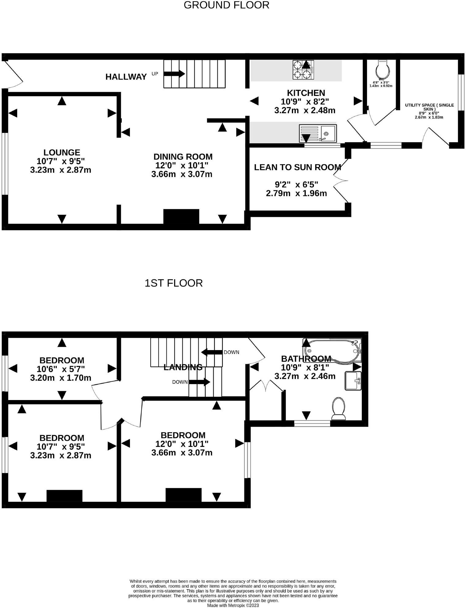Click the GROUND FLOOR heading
pos(226,5)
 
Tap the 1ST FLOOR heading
pos(174,283)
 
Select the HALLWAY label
pos(126,77)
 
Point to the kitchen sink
pos(318,134)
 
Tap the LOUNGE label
pos(62,153)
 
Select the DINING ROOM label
pos(183,157)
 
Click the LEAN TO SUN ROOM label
pos(297,168)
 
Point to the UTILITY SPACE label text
pos(429,107)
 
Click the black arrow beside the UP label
pos(174,74)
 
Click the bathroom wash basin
pos(353,381)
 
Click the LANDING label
pos(183,367)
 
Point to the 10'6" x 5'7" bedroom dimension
pos(61,369)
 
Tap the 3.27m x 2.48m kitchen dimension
pos(305,111)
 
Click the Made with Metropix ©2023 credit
pos(233,605)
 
